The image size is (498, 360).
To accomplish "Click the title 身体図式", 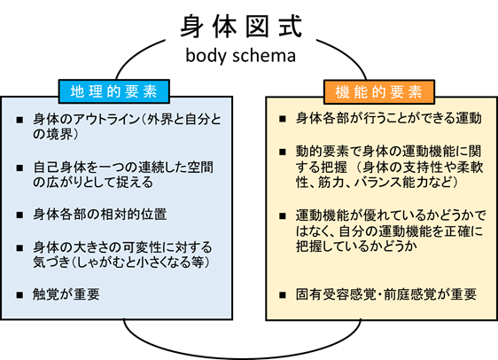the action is pyautogui.click(x=241, y=27).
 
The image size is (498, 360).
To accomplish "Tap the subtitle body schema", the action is pyautogui.click(x=240, y=55).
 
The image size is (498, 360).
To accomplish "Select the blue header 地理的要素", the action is pyautogui.click(x=114, y=91).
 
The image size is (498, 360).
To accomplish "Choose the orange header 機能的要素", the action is pyautogui.click(x=379, y=92).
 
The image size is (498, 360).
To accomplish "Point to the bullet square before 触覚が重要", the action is pyautogui.click(x=19, y=295).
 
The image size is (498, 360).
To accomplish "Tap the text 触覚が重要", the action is pyautogui.click(x=66, y=294).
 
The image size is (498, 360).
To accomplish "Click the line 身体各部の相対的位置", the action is pyautogui.click(x=100, y=215).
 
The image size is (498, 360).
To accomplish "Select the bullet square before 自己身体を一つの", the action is pyautogui.click(x=19, y=168).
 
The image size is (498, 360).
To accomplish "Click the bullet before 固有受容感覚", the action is pyautogui.click(x=283, y=295).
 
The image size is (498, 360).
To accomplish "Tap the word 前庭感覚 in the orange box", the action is pyautogui.click(x=410, y=294).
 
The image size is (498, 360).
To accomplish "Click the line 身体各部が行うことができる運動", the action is pyautogui.click(x=389, y=118).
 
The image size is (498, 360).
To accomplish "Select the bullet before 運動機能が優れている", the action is pyautogui.click(x=283, y=216).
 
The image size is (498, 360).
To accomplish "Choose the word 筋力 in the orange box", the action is pyautogui.click(x=330, y=183).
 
